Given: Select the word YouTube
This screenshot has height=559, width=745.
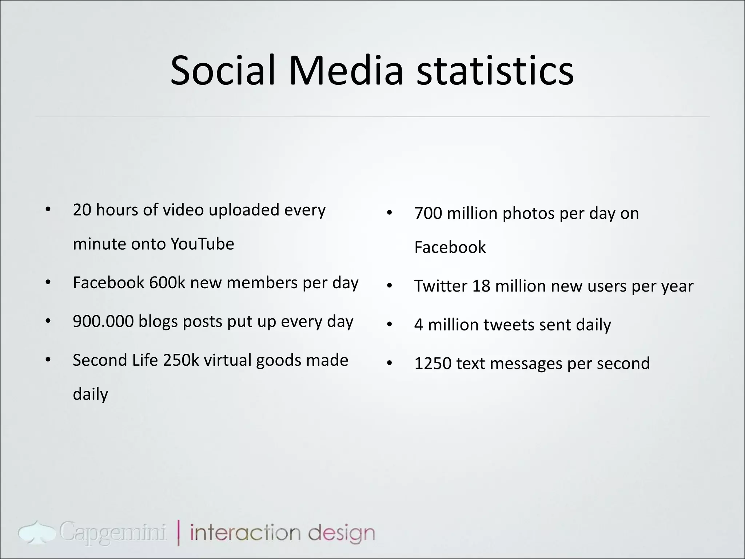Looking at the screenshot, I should pyautogui.click(x=202, y=244).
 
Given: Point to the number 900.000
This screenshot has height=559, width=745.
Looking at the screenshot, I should pyautogui.click(x=103, y=321).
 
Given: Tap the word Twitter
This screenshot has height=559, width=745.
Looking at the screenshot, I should pyautogui.click(x=441, y=286).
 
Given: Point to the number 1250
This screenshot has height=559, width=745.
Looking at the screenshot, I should pyautogui.click(x=433, y=364).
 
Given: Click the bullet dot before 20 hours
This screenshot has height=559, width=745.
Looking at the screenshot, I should pyautogui.click(x=48, y=210).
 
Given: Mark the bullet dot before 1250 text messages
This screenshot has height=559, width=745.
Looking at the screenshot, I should pyautogui.click(x=390, y=364).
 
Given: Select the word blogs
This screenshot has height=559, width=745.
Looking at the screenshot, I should pyautogui.click(x=158, y=321).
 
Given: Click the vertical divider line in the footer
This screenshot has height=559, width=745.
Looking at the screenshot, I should pyautogui.click(x=179, y=533).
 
